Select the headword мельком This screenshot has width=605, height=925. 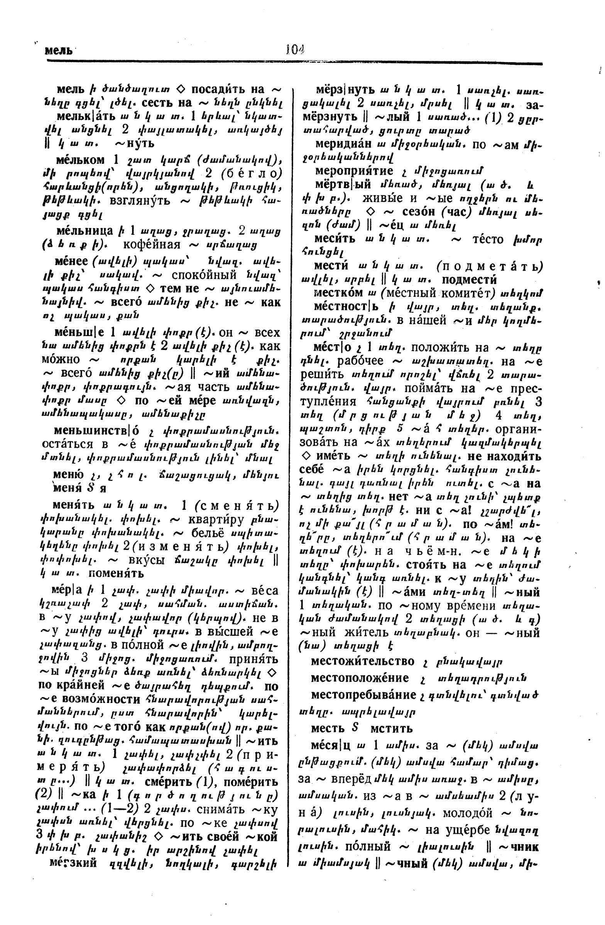(81, 160)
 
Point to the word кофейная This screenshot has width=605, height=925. (152, 244)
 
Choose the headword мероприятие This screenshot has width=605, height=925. (354, 171)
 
